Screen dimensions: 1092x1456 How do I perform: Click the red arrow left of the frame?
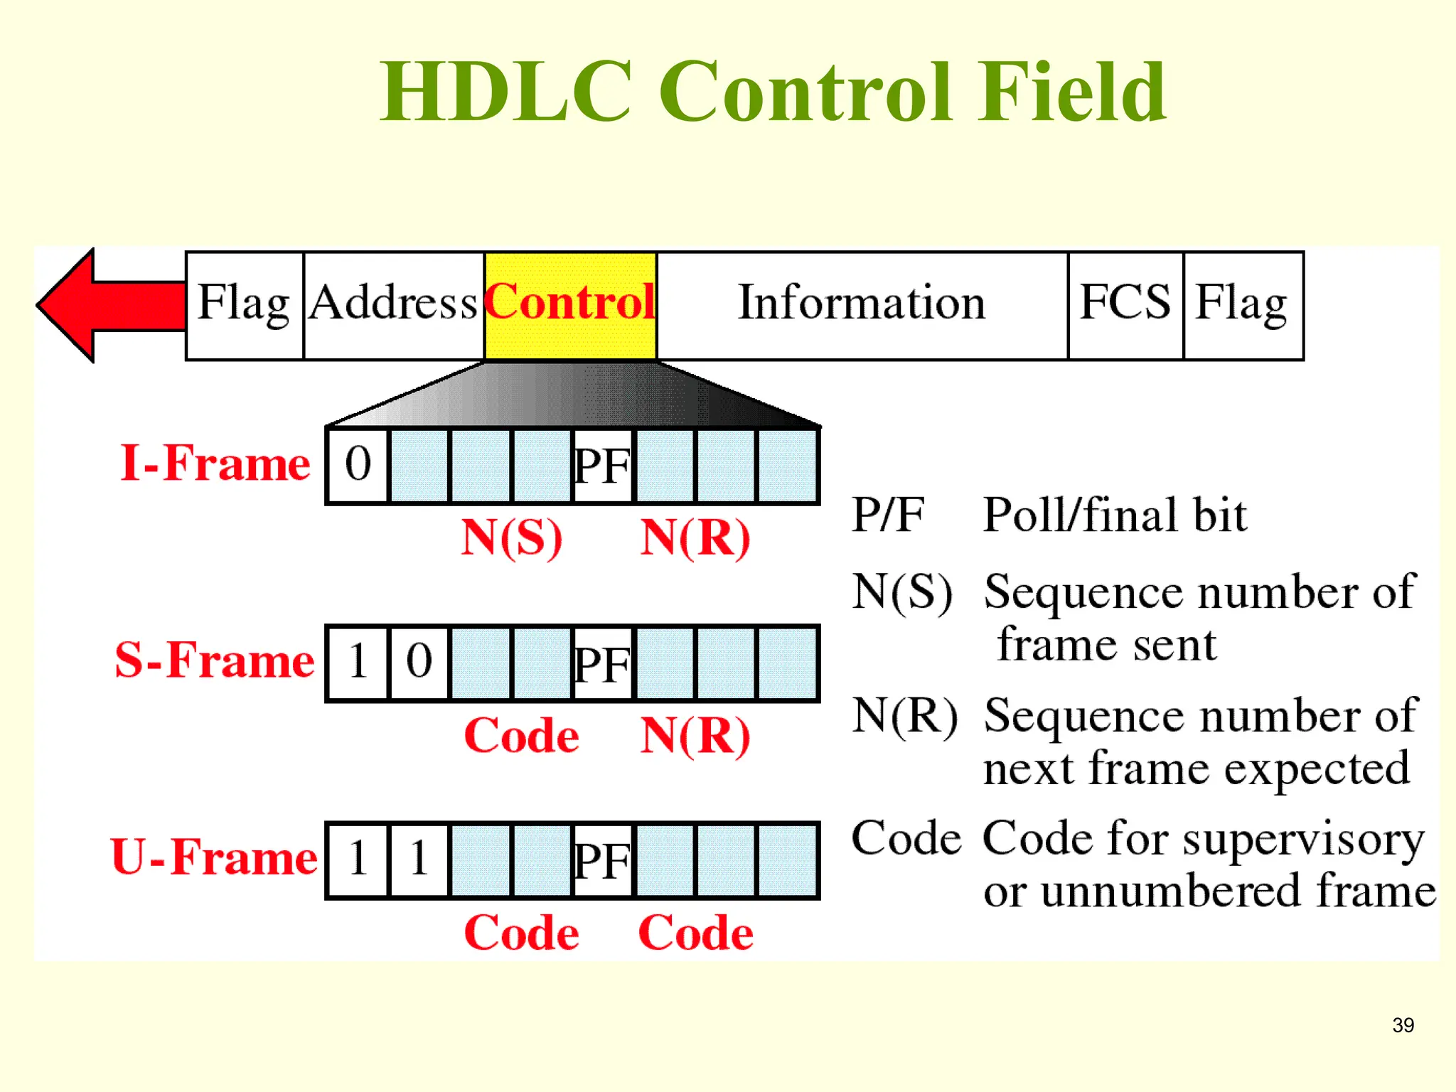pyautogui.click(x=107, y=306)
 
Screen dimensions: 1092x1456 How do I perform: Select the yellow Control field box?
pyautogui.click(x=570, y=306)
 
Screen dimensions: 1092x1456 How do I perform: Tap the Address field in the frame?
pyautogui.click(x=394, y=306)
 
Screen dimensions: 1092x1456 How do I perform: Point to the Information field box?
pyautogui.click(x=862, y=306)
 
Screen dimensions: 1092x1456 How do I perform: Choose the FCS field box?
pyautogui.click(x=1125, y=306)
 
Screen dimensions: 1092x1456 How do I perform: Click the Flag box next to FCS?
pyautogui.click(x=1243, y=306)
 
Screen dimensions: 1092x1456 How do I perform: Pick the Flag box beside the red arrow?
pyautogui.click(x=245, y=306)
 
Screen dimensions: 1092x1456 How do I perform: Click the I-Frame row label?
pyautogui.click(x=215, y=464)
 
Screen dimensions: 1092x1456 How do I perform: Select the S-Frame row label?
pyautogui.click(x=215, y=661)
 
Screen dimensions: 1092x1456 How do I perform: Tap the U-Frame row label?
pyautogui.click(x=215, y=858)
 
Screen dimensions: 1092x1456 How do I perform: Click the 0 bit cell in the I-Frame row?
pyautogui.click(x=358, y=466)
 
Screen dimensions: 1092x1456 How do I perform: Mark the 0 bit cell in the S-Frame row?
pyautogui.click(x=419, y=662)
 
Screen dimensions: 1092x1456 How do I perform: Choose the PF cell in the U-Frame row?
pyautogui.click(x=601, y=861)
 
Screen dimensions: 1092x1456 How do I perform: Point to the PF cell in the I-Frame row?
pyautogui.click(x=601, y=466)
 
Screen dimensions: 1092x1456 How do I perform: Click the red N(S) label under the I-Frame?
pyautogui.click(x=512, y=538)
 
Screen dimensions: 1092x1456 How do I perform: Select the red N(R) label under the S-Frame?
pyautogui.click(x=695, y=737)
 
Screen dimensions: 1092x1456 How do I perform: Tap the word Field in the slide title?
pyautogui.click(x=1072, y=92)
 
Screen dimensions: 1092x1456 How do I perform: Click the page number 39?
pyautogui.click(x=1403, y=1025)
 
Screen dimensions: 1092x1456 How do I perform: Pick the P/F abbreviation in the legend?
pyautogui.click(x=889, y=515)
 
